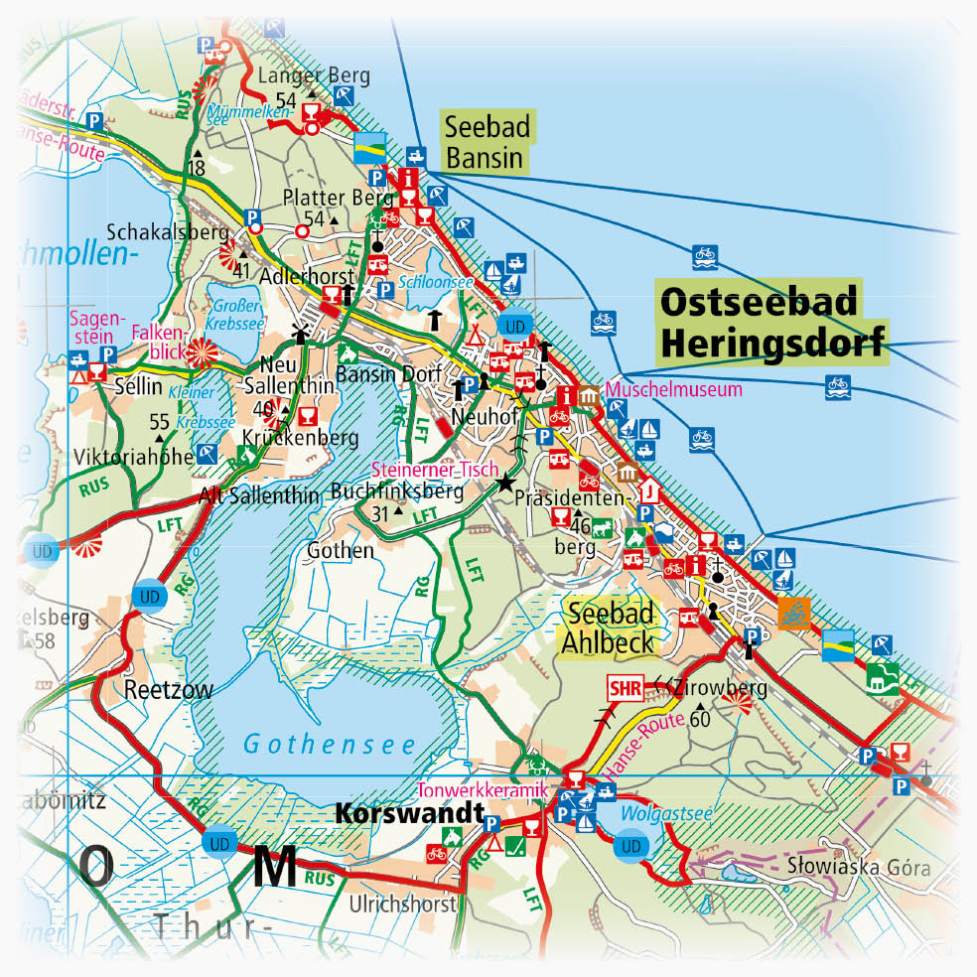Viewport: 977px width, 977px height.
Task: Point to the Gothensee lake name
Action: point(328,743)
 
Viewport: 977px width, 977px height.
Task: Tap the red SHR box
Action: point(625,686)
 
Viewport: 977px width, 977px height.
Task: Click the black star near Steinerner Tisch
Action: point(506,484)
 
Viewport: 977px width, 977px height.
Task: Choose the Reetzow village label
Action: point(169,690)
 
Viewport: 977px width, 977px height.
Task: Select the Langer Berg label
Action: point(313,75)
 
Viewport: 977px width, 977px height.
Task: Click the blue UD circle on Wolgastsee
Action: point(629,847)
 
